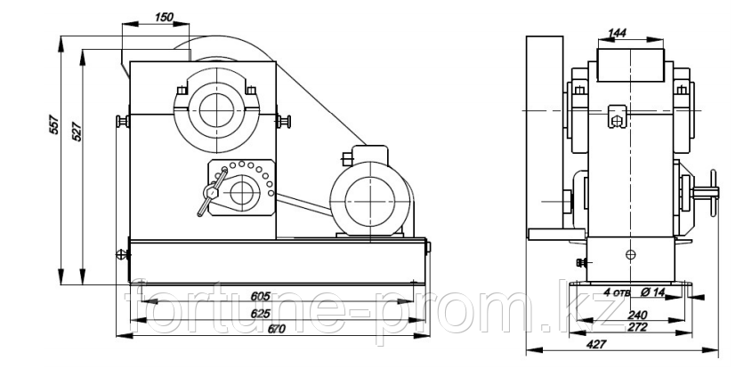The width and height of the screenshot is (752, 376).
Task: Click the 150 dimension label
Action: tap(164, 18)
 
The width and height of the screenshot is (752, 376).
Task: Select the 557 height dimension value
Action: tap(55, 124)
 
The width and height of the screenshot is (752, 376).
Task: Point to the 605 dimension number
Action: tap(261, 296)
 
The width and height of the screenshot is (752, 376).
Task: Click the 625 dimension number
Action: tap(261, 314)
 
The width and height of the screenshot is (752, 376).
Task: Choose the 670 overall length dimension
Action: tap(276, 329)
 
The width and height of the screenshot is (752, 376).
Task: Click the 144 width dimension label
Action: tap(618, 33)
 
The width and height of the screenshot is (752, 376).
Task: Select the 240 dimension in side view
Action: tap(638, 315)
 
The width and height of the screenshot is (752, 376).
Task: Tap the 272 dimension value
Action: tap(638, 327)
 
